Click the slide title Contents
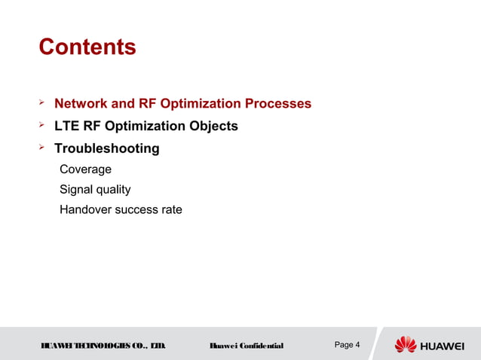click(x=87, y=47)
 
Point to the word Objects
click(x=213, y=126)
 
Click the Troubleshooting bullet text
click(x=106, y=148)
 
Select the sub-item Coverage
click(x=85, y=169)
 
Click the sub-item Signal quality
click(x=95, y=190)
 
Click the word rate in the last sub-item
click(x=170, y=209)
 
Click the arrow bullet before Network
click(x=43, y=102)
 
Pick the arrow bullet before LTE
click(x=43, y=125)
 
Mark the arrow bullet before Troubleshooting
click(x=43, y=148)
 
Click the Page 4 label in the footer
click(x=347, y=345)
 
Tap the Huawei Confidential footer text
click(x=246, y=346)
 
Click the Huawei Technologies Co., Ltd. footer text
click(x=103, y=346)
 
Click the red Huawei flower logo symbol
click(x=405, y=345)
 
